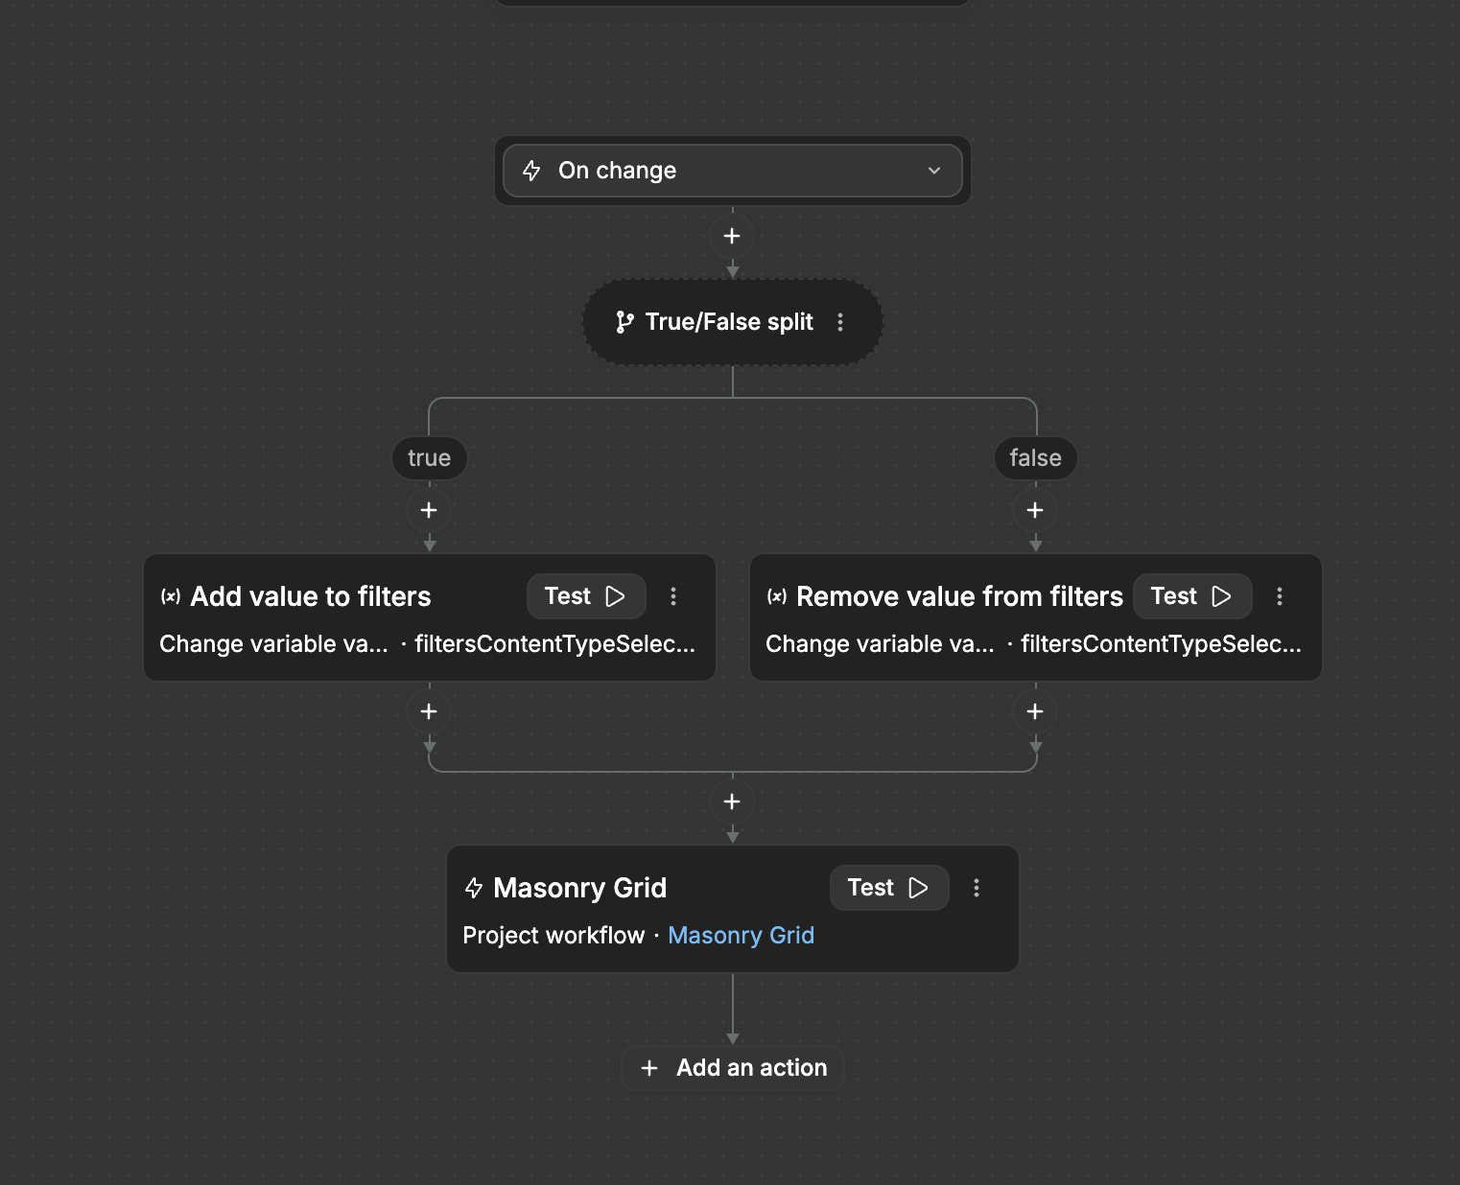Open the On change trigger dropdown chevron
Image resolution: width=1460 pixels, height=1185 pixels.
tap(933, 171)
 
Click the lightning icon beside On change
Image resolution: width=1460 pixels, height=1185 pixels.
tap(531, 171)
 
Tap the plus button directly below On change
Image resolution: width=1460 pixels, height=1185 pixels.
tap(732, 236)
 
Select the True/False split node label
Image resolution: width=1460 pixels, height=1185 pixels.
tap(729, 322)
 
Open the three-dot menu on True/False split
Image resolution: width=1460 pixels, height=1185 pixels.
tap(840, 322)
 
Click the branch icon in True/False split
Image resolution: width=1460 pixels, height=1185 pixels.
tap(624, 322)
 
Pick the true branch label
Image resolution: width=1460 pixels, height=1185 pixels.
tap(429, 457)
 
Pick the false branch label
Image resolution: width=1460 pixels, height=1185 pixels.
tap(1035, 457)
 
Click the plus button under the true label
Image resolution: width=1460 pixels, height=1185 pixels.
tap(429, 510)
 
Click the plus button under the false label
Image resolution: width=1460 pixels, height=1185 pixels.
tap(1035, 510)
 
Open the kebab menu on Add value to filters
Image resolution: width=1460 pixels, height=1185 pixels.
tap(673, 596)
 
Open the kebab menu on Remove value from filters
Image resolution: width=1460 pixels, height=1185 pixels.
tap(1279, 596)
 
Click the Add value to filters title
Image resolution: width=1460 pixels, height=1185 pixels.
tap(311, 596)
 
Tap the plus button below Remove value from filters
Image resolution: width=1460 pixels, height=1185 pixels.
tap(1035, 711)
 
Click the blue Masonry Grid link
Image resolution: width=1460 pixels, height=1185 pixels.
tap(741, 936)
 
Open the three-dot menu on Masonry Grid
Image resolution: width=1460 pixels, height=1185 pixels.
tap(977, 888)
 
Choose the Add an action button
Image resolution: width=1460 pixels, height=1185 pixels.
tap(733, 1068)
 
